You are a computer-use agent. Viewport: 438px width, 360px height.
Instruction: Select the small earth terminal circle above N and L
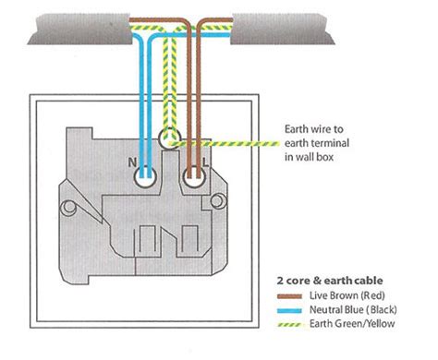point(169,140)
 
